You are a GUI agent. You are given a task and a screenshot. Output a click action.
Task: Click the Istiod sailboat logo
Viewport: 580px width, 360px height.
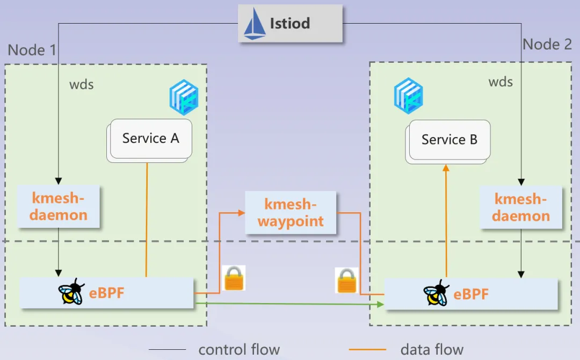[255, 24]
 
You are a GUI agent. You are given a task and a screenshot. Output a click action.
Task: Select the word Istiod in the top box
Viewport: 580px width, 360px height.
[290, 24]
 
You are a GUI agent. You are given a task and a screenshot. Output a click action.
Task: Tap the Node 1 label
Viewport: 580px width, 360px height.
[32, 51]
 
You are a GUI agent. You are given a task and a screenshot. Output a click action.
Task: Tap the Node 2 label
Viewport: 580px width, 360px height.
[547, 44]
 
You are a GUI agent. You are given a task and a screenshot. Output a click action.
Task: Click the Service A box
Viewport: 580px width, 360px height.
[150, 139]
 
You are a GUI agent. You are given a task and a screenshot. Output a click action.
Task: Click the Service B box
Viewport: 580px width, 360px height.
[449, 140]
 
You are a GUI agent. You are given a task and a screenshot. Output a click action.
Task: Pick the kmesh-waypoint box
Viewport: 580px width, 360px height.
[291, 213]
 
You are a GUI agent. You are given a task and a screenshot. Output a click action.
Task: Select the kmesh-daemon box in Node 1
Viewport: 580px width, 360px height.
[59, 206]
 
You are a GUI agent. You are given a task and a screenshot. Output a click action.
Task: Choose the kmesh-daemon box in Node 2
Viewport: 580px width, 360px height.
[521, 207]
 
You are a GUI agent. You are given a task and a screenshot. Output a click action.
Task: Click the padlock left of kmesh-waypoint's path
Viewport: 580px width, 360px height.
[234, 278]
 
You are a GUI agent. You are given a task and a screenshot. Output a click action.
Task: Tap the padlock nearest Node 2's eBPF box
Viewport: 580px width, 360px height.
[347, 280]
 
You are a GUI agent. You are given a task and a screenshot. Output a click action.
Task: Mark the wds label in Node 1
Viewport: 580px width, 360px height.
[82, 84]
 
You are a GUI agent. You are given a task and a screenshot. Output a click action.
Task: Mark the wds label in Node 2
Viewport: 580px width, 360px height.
[501, 82]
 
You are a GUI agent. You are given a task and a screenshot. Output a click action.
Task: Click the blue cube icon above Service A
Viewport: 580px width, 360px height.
[184, 97]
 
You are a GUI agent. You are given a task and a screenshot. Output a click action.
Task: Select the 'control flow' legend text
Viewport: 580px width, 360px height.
[239, 350]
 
